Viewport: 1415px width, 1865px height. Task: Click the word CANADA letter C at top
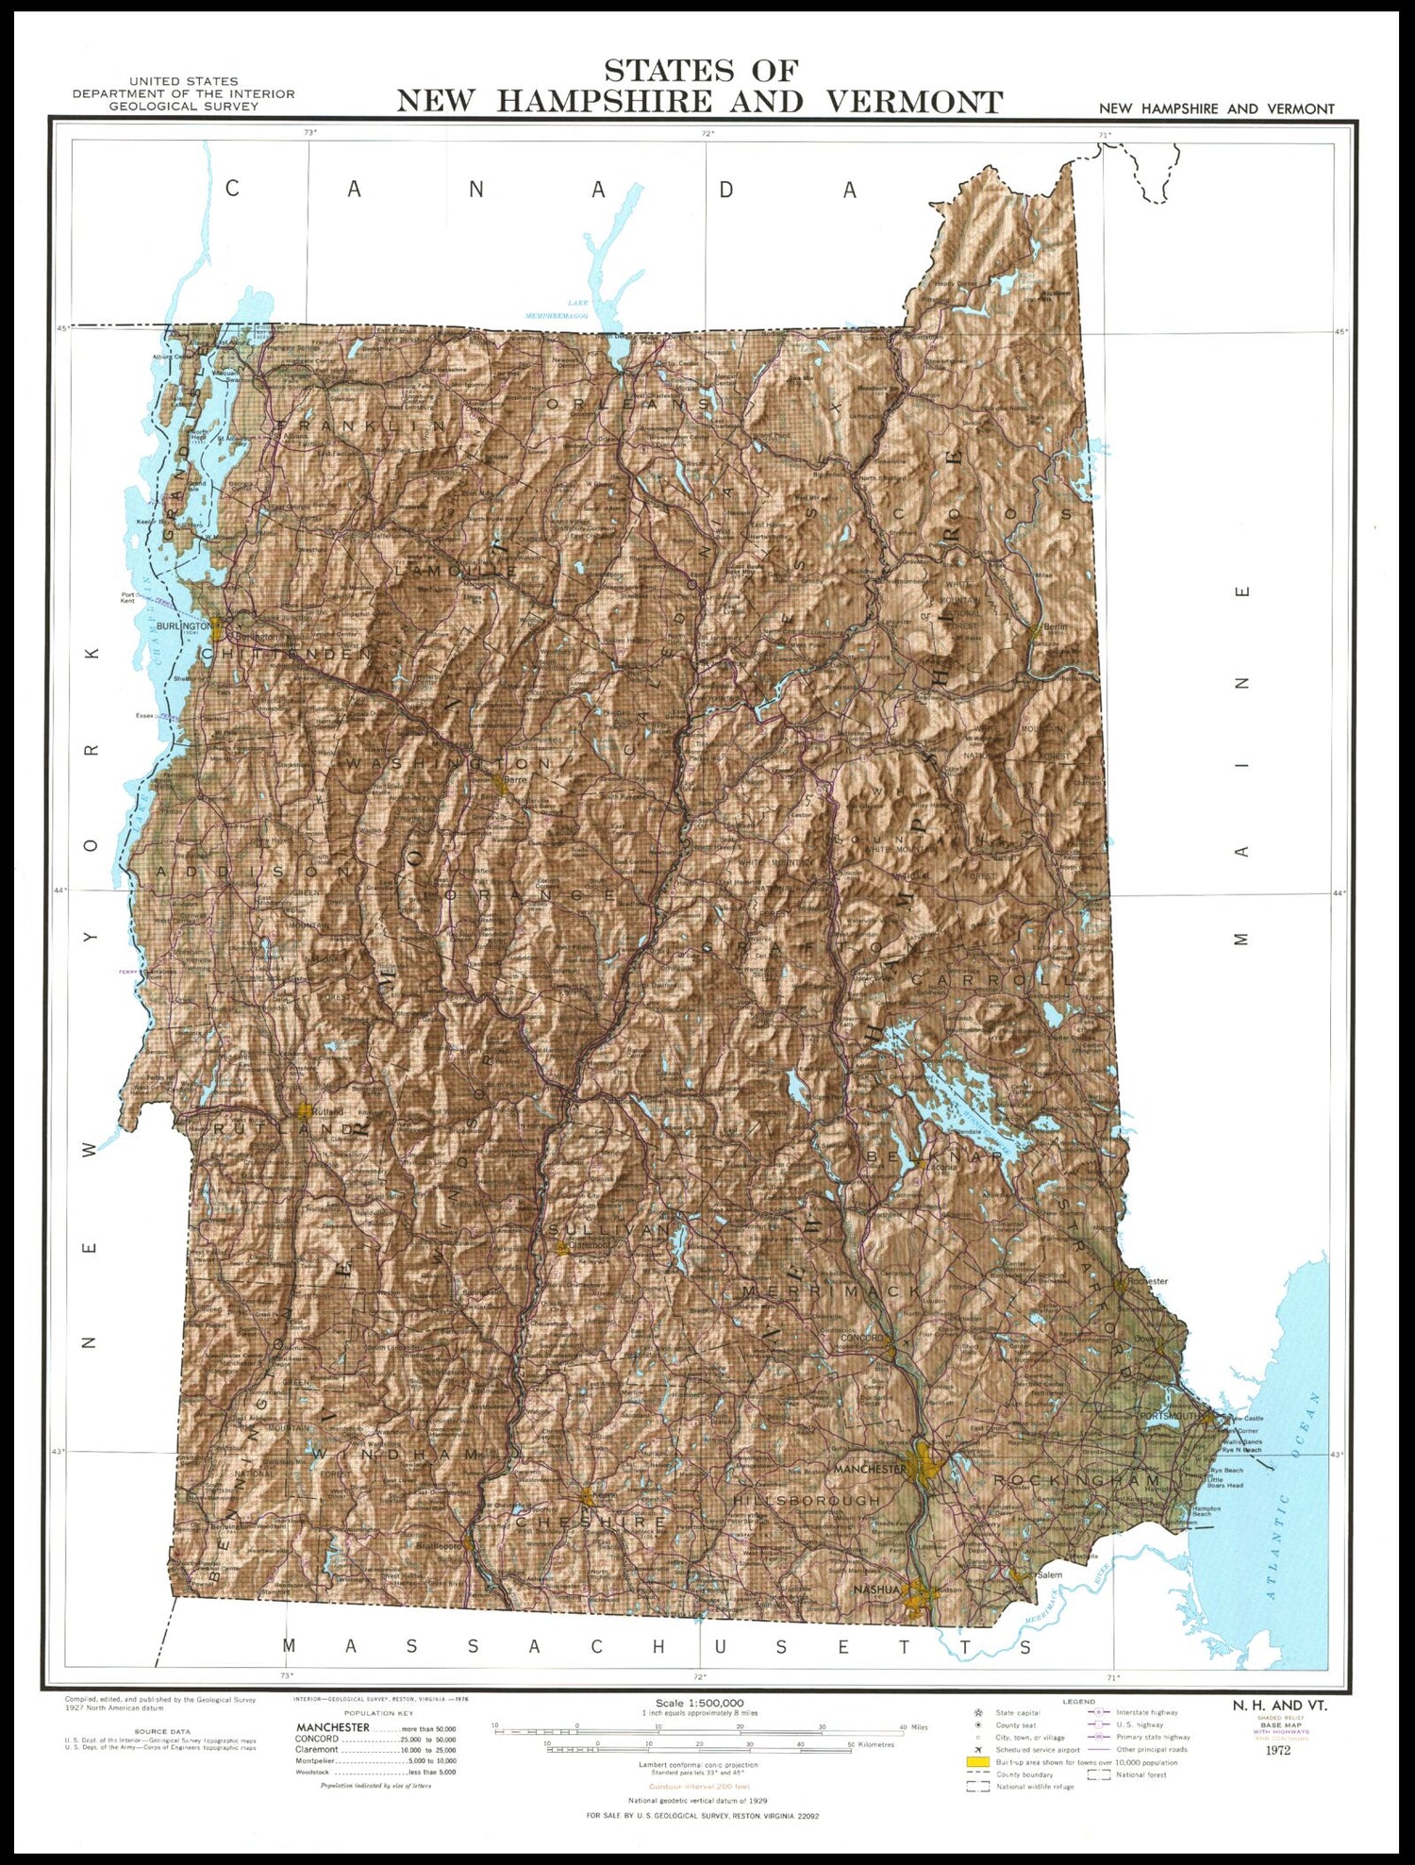(232, 189)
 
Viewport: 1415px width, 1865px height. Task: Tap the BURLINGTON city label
(183, 626)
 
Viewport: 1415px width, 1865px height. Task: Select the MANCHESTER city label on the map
(869, 1469)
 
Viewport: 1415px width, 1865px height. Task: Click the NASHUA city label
(876, 1590)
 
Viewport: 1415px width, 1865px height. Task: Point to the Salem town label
(1049, 1574)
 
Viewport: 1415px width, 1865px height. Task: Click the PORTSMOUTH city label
(1168, 1416)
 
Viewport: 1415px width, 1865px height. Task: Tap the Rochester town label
(1147, 1281)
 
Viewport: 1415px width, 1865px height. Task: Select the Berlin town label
(1055, 626)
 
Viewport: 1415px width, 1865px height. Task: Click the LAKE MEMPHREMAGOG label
(558, 309)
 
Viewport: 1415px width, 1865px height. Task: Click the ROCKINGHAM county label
(1076, 1480)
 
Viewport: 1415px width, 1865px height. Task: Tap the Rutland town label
(328, 1111)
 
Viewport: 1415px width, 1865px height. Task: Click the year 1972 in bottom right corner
(1278, 1750)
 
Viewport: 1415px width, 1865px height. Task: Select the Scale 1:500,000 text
(699, 1703)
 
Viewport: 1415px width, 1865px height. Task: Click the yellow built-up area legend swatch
(977, 1761)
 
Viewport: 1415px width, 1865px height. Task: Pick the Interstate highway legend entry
(1146, 1712)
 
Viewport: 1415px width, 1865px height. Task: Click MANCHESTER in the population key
(332, 1727)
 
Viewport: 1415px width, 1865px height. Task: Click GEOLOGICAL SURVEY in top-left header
(183, 107)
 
